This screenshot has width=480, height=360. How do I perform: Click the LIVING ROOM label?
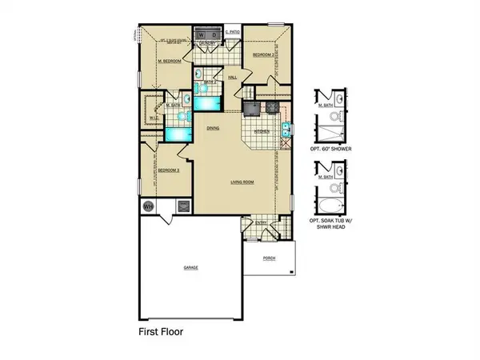(242, 182)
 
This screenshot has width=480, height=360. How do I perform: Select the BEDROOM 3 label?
(168, 170)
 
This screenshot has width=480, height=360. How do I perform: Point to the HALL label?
(233, 78)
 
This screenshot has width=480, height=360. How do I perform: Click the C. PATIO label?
(232, 31)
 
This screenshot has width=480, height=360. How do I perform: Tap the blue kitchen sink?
(286, 130)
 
